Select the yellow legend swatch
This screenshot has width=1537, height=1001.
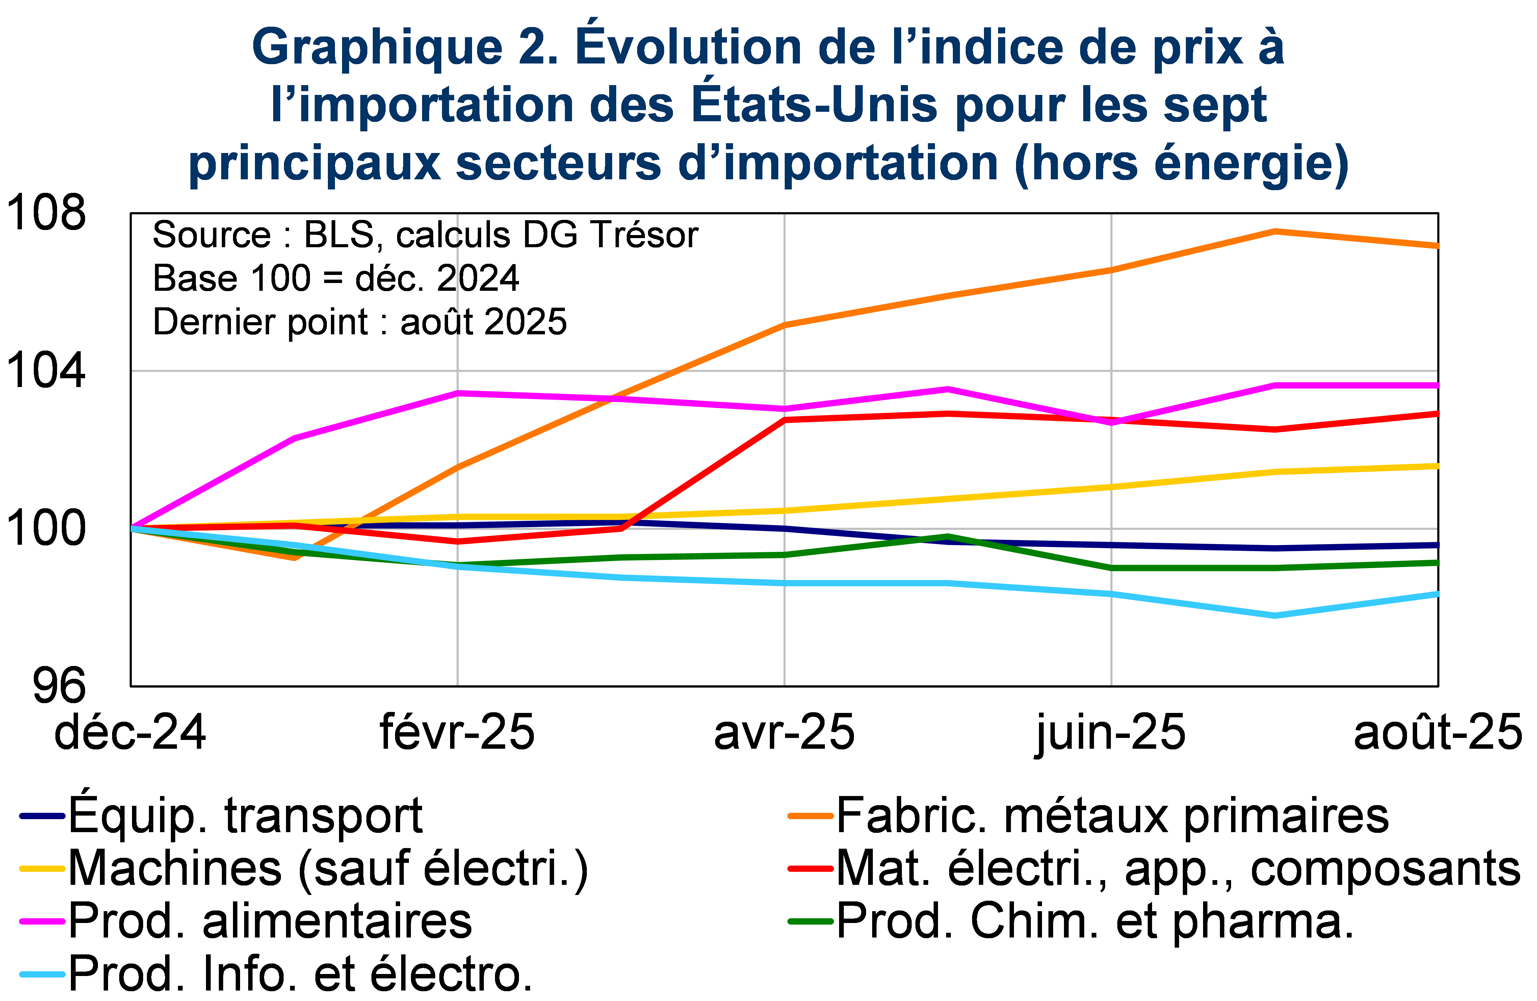(x=42, y=869)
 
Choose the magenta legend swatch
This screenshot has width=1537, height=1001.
(x=42, y=922)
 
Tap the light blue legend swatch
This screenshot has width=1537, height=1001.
(x=42, y=974)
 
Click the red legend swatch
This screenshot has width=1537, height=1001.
(x=810, y=869)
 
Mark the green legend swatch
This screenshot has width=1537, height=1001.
(x=810, y=922)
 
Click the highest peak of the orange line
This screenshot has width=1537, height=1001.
(x=1275, y=231)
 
